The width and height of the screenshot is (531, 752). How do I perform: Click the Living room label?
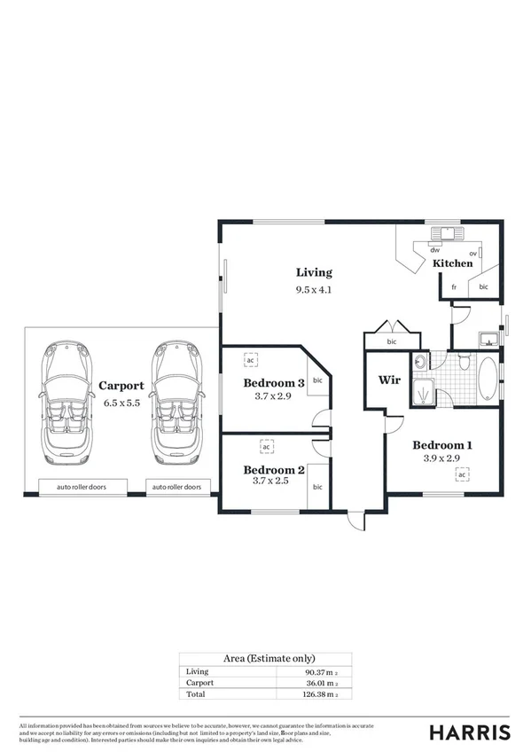click(x=314, y=272)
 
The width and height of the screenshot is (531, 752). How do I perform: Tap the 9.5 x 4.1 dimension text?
click(x=314, y=289)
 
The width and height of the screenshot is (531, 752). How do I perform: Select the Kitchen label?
click(x=452, y=263)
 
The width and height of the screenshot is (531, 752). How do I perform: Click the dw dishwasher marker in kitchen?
click(x=434, y=250)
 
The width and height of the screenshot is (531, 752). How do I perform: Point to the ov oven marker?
click(x=473, y=254)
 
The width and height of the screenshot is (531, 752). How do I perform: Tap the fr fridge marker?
click(x=453, y=287)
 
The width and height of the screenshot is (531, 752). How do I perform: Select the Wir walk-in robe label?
click(x=390, y=380)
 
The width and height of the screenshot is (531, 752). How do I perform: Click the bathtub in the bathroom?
click(x=488, y=380)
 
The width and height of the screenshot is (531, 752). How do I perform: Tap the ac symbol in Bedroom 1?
click(x=462, y=475)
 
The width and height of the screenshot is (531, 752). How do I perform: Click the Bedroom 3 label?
click(x=274, y=383)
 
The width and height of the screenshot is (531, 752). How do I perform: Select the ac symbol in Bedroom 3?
click(x=250, y=361)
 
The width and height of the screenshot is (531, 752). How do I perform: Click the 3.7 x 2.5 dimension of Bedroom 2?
click(x=274, y=484)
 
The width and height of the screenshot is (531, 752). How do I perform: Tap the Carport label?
click(x=121, y=385)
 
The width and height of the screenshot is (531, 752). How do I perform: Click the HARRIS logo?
click(x=470, y=732)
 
